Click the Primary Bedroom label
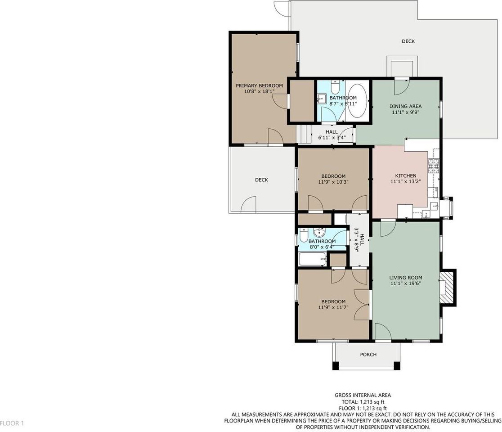coord(260,85)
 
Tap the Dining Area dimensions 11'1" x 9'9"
coord(405,112)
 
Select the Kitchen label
coord(406,175)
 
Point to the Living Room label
coord(406,278)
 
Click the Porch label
coord(368,355)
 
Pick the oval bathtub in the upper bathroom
coord(358,101)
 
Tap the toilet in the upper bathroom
coord(335,86)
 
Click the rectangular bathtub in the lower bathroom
coord(313,259)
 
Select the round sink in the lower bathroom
coord(319,232)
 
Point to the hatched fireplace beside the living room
coord(447,287)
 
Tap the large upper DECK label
coord(408,41)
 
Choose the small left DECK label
coord(261,180)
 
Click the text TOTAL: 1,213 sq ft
coord(363,401)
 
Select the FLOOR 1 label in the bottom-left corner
coord(12,423)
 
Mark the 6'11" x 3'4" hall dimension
coord(332,138)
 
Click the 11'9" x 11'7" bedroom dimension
coord(333,307)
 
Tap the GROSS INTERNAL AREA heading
coord(363,395)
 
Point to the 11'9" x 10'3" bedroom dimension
coord(333,182)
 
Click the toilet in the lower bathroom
coord(304,234)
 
